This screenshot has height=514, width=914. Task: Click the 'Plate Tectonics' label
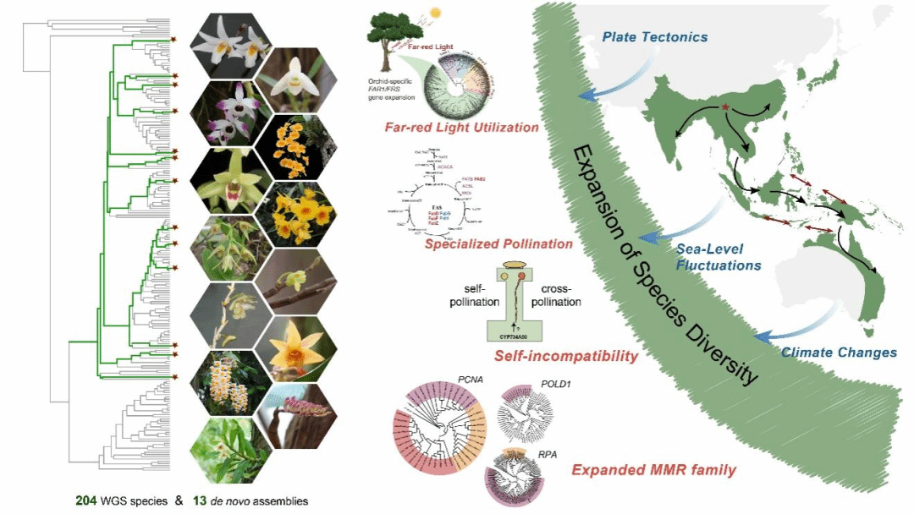[654, 37]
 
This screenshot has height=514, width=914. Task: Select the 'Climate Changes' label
[838, 353]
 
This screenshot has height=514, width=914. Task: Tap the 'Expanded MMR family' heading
[653, 470]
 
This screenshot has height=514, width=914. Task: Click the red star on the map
[725, 106]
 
